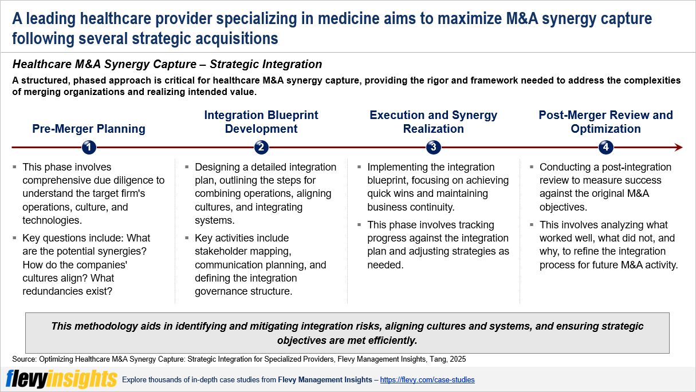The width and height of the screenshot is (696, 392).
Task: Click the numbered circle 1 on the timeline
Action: click(x=88, y=148)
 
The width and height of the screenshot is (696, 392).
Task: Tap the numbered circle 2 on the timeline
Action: click(x=261, y=148)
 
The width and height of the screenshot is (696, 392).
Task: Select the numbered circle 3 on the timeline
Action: click(x=433, y=148)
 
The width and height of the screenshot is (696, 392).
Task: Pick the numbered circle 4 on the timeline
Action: click(x=605, y=148)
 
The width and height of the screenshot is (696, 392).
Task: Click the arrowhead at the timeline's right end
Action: click(x=678, y=148)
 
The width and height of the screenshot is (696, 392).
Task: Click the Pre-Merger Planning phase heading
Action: click(x=89, y=129)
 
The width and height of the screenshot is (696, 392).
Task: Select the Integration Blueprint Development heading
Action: click(x=261, y=122)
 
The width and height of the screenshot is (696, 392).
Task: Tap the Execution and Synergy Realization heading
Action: click(x=433, y=122)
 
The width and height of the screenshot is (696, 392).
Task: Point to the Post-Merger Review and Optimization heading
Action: click(x=605, y=122)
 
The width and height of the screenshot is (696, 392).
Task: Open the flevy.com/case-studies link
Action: click(x=427, y=380)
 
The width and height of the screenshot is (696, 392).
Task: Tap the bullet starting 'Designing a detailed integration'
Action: click(x=265, y=193)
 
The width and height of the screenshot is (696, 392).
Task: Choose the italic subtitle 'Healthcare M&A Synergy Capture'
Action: click(x=120, y=64)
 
